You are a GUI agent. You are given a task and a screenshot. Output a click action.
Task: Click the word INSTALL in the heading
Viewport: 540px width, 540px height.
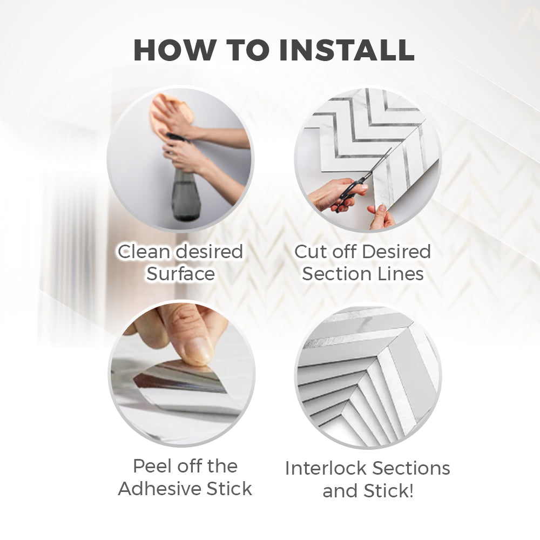tap(347, 50)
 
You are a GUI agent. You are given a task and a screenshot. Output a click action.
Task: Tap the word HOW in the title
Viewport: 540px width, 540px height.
tap(175, 50)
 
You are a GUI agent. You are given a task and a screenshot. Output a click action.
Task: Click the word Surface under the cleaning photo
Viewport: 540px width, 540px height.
tap(180, 274)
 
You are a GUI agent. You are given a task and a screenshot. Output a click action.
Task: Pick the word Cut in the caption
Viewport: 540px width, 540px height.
tap(308, 252)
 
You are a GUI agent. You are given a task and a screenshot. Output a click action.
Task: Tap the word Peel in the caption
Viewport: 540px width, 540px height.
tap(151, 467)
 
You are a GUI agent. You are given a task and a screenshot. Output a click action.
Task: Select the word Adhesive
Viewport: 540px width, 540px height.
tap(159, 489)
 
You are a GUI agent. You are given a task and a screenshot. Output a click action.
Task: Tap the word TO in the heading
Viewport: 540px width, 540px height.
tap(248, 50)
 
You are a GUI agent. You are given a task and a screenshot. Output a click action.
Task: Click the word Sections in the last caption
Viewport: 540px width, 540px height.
tap(411, 468)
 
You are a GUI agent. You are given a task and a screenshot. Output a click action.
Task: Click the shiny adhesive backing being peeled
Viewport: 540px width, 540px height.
tap(179, 379)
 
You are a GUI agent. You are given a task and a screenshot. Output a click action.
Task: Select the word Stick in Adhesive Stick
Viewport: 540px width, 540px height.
tap(229, 489)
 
